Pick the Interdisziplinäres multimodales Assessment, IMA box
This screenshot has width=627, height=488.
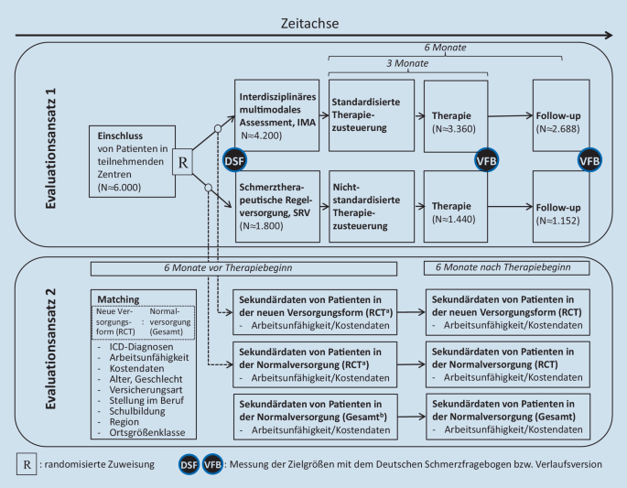(276, 113)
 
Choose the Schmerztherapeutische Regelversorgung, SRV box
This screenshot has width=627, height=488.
(276, 205)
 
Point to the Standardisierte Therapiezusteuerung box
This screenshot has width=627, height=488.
(366, 113)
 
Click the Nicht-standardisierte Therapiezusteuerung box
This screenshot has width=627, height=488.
(366, 205)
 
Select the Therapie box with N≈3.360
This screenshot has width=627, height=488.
(454, 113)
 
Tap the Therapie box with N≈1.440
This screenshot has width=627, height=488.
(454, 205)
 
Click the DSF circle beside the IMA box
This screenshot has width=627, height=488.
(234, 160)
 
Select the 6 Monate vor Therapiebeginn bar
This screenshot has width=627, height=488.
(243, 268)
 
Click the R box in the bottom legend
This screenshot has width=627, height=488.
(29, 464)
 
